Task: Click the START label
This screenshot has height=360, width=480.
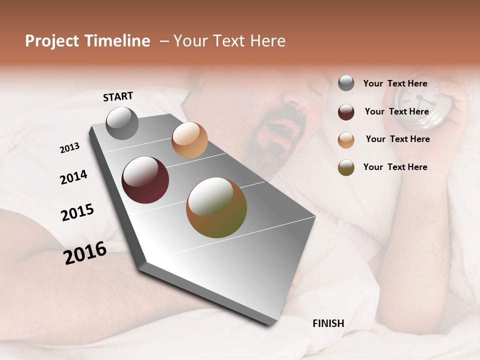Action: (x=118, y=96)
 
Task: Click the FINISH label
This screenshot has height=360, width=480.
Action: (x=328, y=323)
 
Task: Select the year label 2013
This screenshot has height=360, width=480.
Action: (x=69, y=148)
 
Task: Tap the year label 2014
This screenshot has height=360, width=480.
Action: (x=73, y=177)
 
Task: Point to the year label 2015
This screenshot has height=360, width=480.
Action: (x=77, y=212)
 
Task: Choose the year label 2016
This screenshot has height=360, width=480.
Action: (x=85, y=253)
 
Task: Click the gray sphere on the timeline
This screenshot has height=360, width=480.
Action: (x=122, y=123)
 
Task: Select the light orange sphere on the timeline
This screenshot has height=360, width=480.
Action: (x=189, y=140)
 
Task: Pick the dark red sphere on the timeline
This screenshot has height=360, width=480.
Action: (x=145, y=180)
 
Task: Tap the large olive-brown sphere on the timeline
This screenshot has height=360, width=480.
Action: (x=216, y=207)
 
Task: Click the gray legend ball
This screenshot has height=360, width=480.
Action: (x=346, y=83)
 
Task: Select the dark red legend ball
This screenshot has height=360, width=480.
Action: (x=346, y=112)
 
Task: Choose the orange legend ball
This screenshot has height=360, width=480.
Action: (x=346, y=140)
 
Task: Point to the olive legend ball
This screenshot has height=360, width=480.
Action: (x=346, y=167)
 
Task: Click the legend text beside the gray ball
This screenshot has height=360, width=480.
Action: (x=395, y=83)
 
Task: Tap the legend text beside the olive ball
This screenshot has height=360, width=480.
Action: (x=395, y=167)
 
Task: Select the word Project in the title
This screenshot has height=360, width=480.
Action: (x=52, y=41)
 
